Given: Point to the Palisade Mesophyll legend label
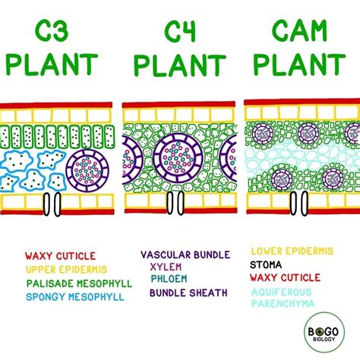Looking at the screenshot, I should coord(78,283).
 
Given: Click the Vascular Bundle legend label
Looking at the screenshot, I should coord(186,256).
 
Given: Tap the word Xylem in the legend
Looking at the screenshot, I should coord(166,268).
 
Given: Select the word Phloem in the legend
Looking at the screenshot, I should coord(169,280).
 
